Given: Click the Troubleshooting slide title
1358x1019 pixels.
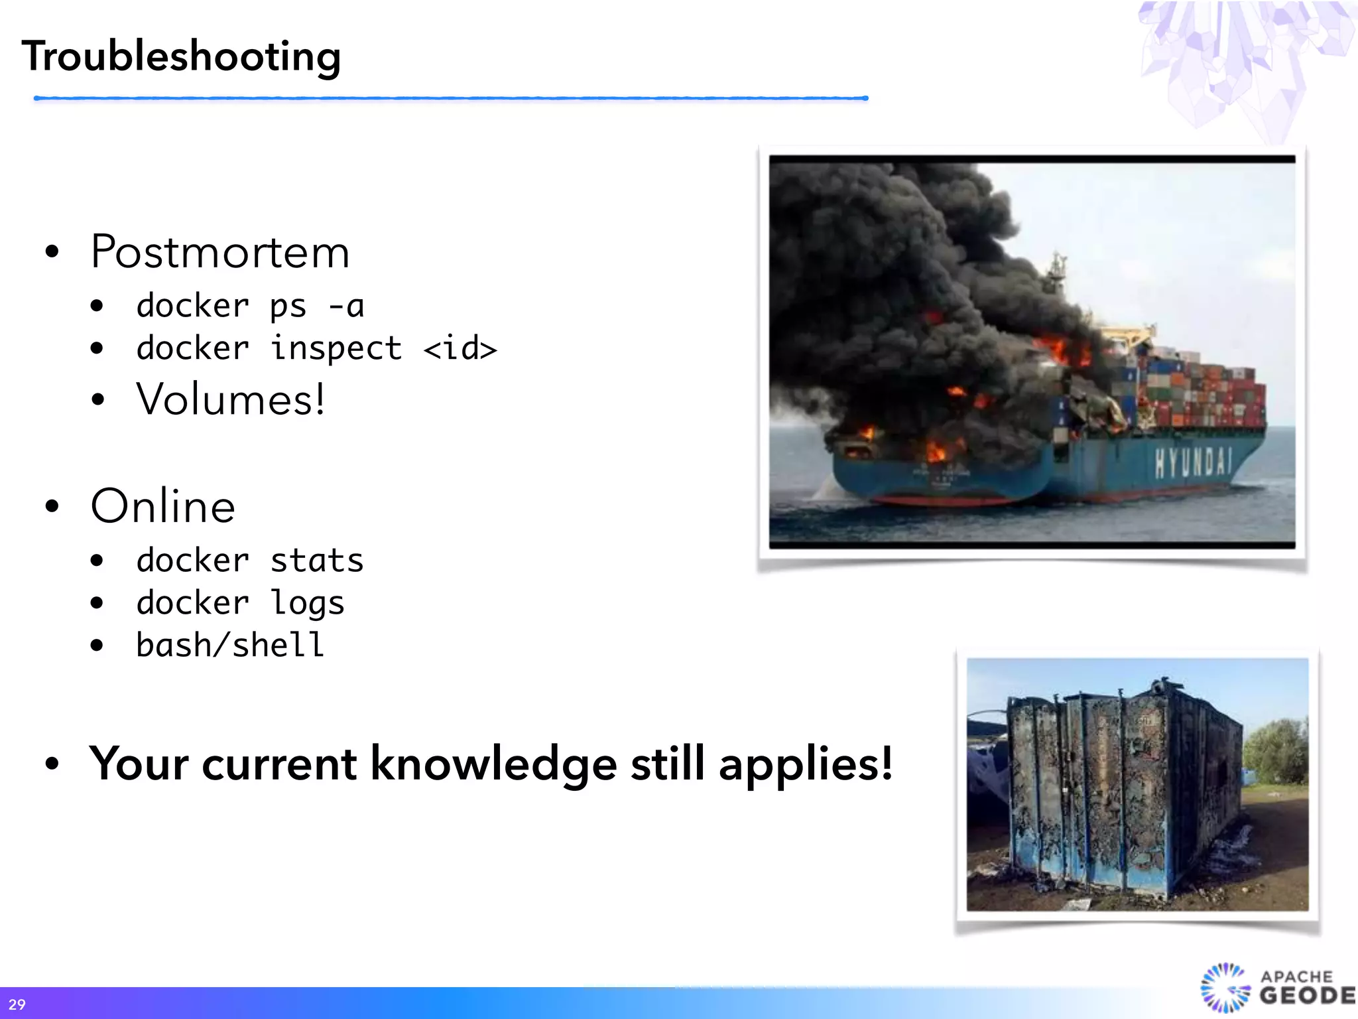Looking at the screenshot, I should point(181,56).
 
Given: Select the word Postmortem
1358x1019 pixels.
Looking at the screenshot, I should point(219,252).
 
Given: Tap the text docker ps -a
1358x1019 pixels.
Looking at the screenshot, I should point(250,306).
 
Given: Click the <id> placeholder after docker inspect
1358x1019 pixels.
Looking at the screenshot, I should point(460,348).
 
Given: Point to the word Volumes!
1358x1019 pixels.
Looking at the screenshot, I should point(230,399).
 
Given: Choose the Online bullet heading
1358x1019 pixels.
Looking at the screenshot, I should point(163,506).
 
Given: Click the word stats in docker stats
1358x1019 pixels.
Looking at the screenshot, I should point(317,561).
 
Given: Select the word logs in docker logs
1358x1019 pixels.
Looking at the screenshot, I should point(307,603).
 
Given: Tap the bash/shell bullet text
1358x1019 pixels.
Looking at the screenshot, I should point(230,645).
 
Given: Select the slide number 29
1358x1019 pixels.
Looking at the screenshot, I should point(17,1004).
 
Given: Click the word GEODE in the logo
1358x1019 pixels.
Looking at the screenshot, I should point(1306,996).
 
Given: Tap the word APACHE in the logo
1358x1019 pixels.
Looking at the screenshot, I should point(1296,976).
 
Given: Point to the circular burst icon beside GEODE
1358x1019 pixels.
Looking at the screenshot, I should point(1224,988).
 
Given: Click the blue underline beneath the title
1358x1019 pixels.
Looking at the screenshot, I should point(451,98).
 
